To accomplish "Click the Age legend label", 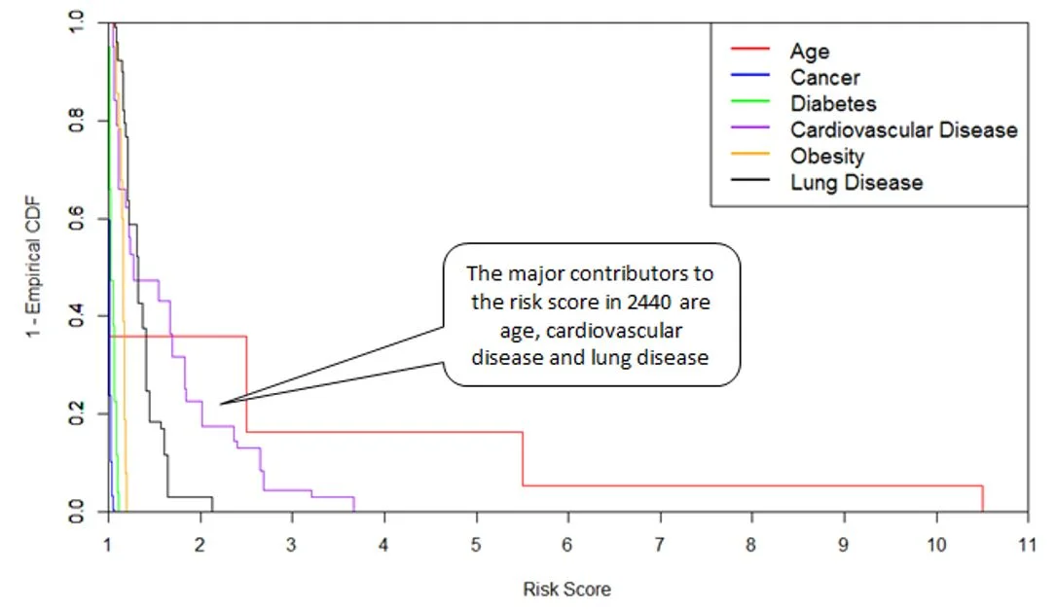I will coord(810,51).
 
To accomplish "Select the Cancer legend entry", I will coord(824,77).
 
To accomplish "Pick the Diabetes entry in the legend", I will coord(833,103).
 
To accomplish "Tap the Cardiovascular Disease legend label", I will coord(903,129).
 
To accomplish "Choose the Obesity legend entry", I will coord(826,156).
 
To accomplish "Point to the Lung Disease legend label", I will coord(856,182).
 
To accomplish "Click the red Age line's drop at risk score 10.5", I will coord(982,497).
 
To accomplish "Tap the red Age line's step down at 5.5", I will coord(523,458).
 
